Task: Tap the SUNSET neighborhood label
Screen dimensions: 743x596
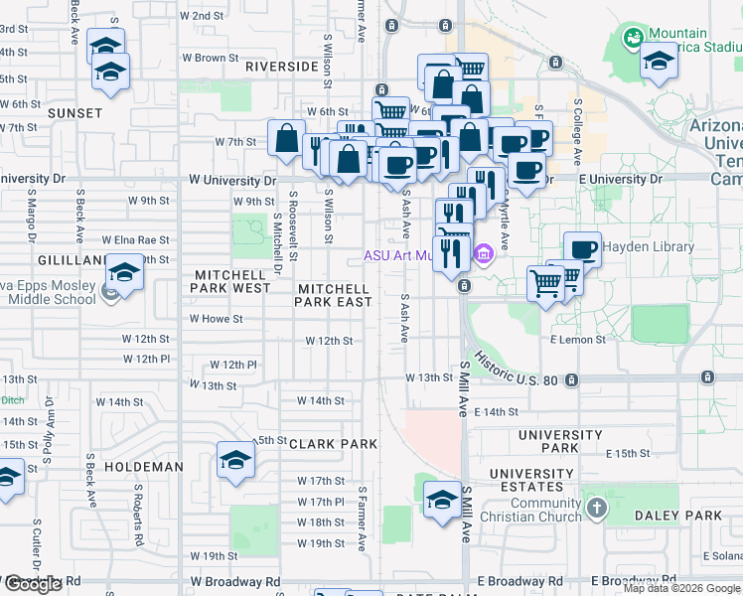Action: [x=74, y=113]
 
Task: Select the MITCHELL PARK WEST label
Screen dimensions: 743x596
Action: [x=232, y=281]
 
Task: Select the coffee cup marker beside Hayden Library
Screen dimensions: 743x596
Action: [x=583, y=249]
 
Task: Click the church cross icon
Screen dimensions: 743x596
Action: [x=596, y=510]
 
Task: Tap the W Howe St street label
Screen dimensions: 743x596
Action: [x=217, y=319]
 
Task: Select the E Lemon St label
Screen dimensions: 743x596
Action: [x=577, y=339]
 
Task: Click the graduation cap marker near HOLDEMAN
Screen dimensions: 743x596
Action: [x=235, y=460]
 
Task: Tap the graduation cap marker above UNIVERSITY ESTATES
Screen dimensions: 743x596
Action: [x=442, y=499]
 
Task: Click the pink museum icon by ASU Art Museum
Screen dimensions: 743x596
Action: [x=484, y=254]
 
